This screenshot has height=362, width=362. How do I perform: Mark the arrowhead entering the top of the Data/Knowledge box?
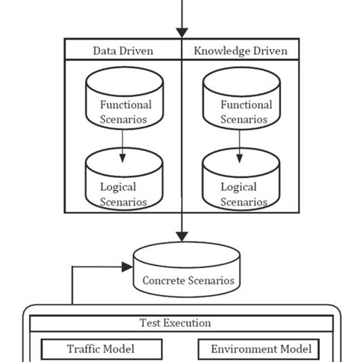pyautogui.click(x=181, y=32)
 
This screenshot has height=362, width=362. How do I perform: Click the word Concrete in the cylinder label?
pyautogui.click(x=163, y=281)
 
